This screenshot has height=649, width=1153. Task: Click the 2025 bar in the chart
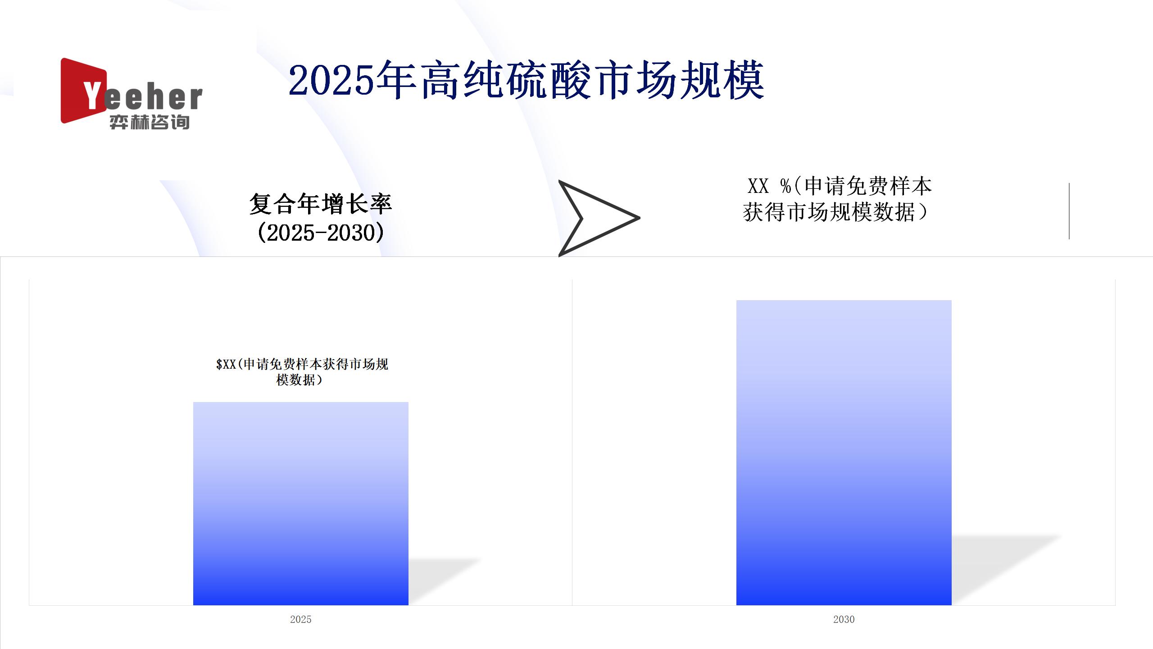click(x=300, y=503)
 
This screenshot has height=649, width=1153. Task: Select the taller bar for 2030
click(x=844, y=452)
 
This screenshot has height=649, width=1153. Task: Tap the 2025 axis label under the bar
click(x=300, y=619)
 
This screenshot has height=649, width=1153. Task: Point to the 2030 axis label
click(x=844, y=619)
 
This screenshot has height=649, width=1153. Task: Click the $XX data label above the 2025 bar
click(x=302, y=372)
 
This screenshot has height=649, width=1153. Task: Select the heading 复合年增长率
click(x=321, y=204)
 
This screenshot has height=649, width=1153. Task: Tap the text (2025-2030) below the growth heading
click(x=321, y=233)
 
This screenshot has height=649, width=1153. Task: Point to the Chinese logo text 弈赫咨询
click(x=150, y=122)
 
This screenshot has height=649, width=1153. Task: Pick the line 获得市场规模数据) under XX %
click(x=835, y=212)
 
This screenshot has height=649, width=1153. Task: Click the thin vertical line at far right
click(x=1069, y=211)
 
